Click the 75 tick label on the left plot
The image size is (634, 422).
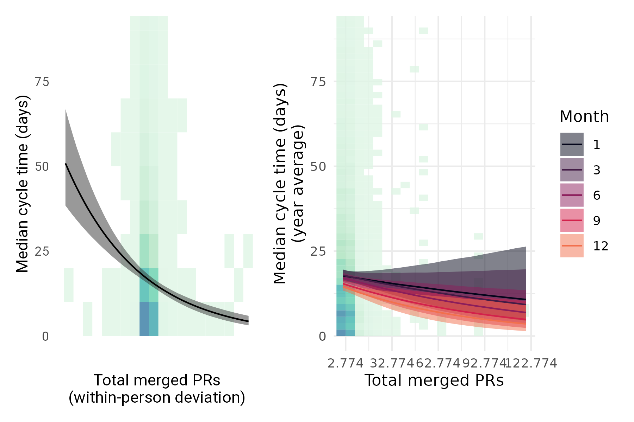[42, 82]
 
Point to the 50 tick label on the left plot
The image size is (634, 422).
[42, 167]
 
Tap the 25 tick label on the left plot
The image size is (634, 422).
[42, 251]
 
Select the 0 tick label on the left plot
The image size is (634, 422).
[45, 337]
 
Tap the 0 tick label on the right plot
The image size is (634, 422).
[322, 337]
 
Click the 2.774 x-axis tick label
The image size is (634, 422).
[345, 363]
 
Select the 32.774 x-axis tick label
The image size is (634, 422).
[391, 363]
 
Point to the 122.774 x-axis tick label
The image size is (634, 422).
[531, 363]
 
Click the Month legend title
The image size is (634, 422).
[584, 117]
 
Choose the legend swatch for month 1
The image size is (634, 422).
[572, 145]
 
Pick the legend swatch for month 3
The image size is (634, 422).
[572, 170]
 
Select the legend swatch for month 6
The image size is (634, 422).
[572, 195]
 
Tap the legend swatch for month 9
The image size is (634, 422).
[572, 220]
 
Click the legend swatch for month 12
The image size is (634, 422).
[572, 246]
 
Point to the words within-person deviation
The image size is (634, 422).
[157, 398]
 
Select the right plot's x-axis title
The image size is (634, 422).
[434, 381]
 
